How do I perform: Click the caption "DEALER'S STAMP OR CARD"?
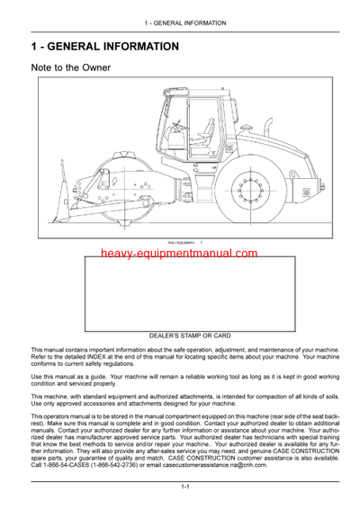click(190, 335)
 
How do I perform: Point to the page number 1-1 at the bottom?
click(184, 487)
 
